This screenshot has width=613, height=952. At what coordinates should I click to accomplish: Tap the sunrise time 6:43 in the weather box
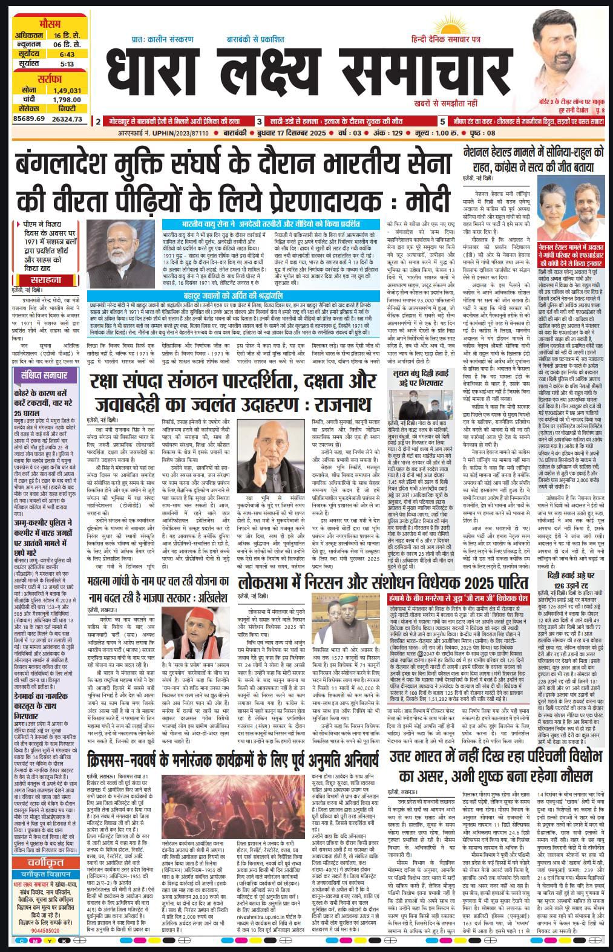point(67,53)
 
